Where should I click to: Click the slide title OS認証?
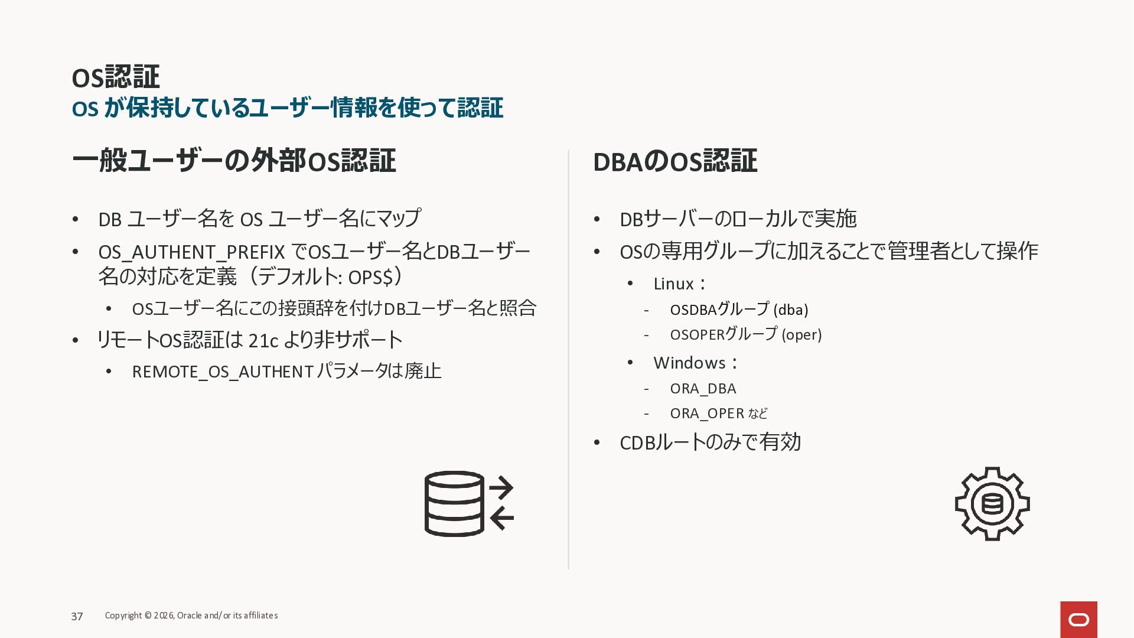[116, 77]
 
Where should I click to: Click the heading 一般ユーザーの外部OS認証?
[234, 161]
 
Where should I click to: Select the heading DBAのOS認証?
[675, 161]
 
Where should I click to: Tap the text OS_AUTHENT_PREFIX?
[192, 252]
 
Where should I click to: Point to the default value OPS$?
[370, 277]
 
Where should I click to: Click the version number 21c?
[263, 340]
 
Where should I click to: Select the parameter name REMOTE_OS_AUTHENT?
[223, 372]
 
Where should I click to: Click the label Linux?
[674, 284]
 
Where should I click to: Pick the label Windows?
[689, 363]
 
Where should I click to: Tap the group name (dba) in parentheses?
[791, 310]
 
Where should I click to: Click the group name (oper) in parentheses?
[801, 334]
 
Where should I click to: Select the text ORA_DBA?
[703, 389]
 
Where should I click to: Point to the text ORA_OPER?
[707, 414]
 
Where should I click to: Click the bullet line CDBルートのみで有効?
[710, 442]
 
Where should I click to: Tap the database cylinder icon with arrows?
[469, 504]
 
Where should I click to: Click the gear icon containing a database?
[992, 504]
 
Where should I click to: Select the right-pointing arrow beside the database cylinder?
[501, 488]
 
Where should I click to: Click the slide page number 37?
[77, 616]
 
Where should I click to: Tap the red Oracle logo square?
[1078, 620]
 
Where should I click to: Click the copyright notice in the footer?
[191, 616]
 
